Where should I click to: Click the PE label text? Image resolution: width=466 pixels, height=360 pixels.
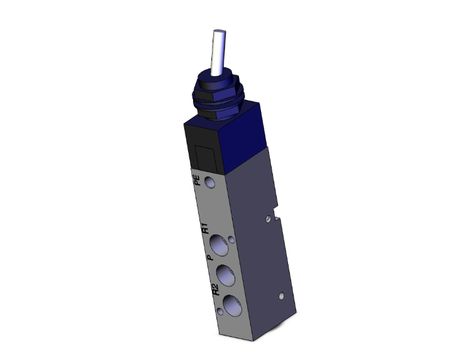point(197,182)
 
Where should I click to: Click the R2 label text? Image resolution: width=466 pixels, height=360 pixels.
point(214,290)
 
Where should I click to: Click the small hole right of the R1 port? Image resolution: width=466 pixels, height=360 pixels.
point(233,240)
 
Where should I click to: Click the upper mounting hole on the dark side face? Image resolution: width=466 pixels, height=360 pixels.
point(269,219)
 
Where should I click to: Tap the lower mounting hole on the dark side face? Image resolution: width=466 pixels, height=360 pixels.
point(280,294)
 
